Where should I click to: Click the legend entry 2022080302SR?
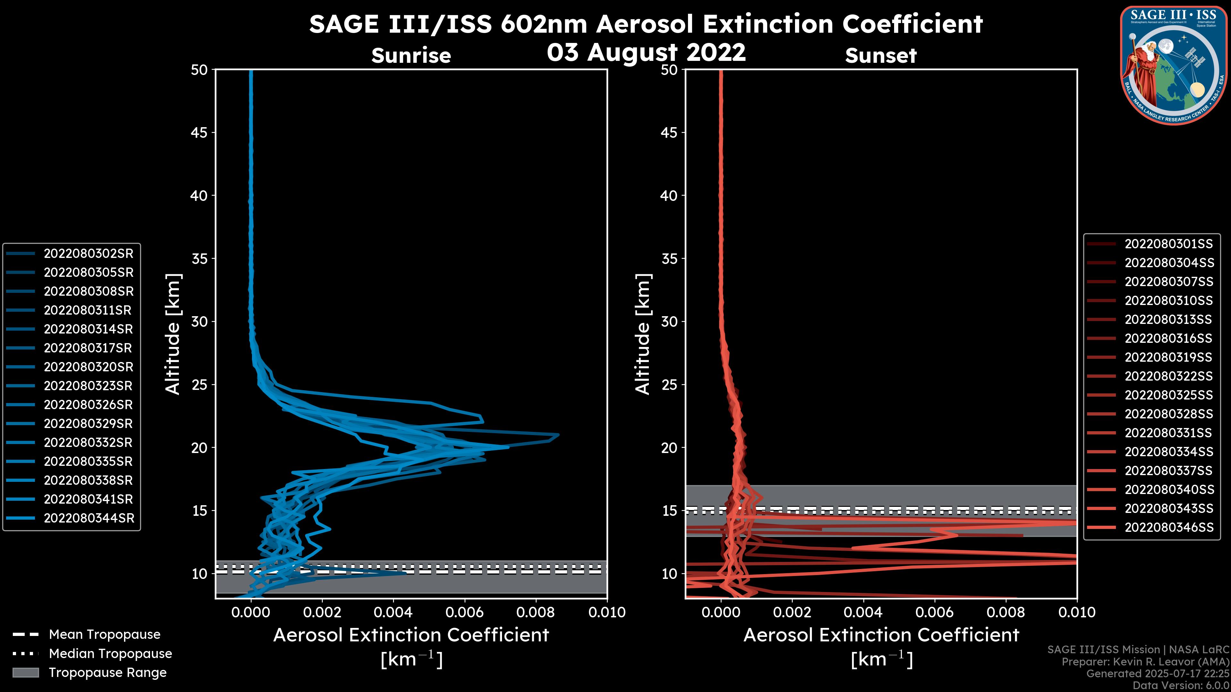coord(88,254)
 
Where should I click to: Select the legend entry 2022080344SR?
coord(89,518)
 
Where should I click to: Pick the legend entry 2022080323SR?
coord(88,386)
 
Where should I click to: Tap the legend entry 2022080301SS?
coord(1168,244)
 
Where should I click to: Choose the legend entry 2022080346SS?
coord(1168,527)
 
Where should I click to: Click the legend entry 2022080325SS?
coord(1168,395)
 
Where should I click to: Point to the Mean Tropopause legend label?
coord(105,634)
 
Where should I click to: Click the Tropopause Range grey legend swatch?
coord(25,672)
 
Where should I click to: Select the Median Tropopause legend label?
coord(110,653)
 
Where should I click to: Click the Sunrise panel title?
coord(411,56)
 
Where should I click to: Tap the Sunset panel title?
coord(881,56)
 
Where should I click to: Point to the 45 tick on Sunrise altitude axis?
coord(200,132)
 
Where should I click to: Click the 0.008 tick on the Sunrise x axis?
coord(536,612)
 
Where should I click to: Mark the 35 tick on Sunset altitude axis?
coord(669,258)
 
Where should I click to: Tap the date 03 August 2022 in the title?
coord(646,53)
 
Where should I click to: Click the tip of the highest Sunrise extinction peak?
coord(558,435)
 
